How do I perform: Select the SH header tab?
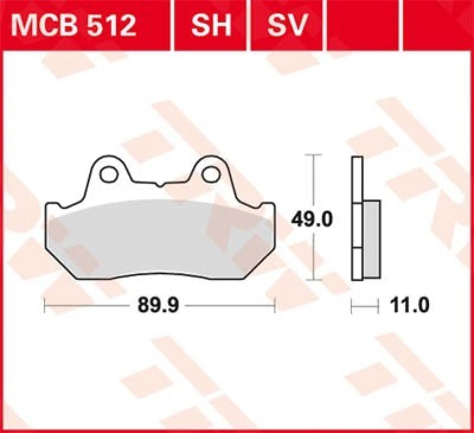(x=210, y=26)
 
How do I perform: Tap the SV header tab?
(x=289, y=26)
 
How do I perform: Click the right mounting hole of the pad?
(x=210, y=174)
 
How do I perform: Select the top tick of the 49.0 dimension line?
(x=313, y=155)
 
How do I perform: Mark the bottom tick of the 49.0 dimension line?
(x=313, y=280)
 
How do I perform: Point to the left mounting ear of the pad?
(x=107, y=172)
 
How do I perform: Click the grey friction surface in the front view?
(x=160, y=237)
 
